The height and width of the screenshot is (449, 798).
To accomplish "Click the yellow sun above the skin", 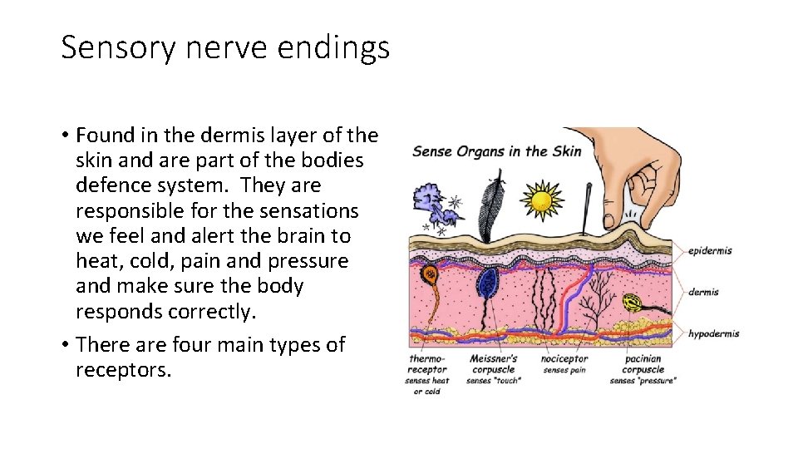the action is (541, 200).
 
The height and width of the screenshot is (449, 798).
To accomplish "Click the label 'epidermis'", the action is (710, 250).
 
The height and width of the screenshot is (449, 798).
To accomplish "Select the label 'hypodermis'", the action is (713, 334).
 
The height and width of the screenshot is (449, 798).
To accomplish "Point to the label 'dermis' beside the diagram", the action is (703, 292).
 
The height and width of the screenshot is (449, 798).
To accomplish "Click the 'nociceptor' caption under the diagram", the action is (564, 359).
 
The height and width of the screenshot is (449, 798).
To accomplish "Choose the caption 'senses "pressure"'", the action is (643, 381).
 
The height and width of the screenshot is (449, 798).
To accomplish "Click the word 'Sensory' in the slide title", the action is (118, 48).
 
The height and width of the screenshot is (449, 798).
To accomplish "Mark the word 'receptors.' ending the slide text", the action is (123, 369).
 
